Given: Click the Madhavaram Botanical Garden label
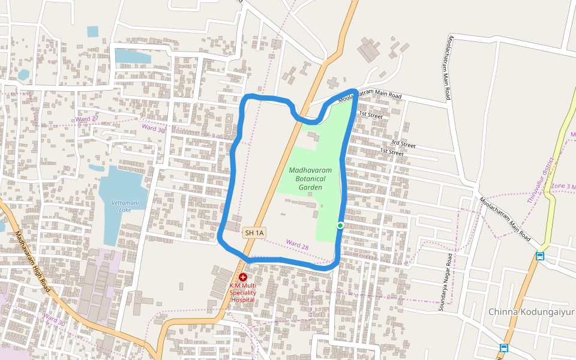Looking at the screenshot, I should [x=307, y=179].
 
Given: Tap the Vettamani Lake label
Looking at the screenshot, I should [x=125, y=207].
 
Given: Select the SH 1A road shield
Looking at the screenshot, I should [x=254, y=232].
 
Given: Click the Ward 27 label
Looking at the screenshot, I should [x=87, y=119].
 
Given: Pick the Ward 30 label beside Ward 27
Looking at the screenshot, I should [x=153, y=128].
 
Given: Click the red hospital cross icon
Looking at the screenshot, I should [x=243, y=277].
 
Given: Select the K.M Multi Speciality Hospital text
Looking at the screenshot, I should [x=243, y=292].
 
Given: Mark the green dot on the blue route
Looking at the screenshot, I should [x=340, y=226].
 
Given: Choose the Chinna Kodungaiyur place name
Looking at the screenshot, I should [x=531, y=312].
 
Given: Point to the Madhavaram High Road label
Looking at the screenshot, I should [x=33, y=263].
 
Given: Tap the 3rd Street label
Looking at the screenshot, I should [x=403, y=144].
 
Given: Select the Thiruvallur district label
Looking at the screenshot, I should [x=539, y=180].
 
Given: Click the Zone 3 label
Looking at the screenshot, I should [x=563, y=187].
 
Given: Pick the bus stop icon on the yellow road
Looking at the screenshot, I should [x=540, y=256].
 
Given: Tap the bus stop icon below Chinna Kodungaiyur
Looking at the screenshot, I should [x=504, y=348].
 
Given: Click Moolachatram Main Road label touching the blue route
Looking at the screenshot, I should [x=370, y=95].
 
